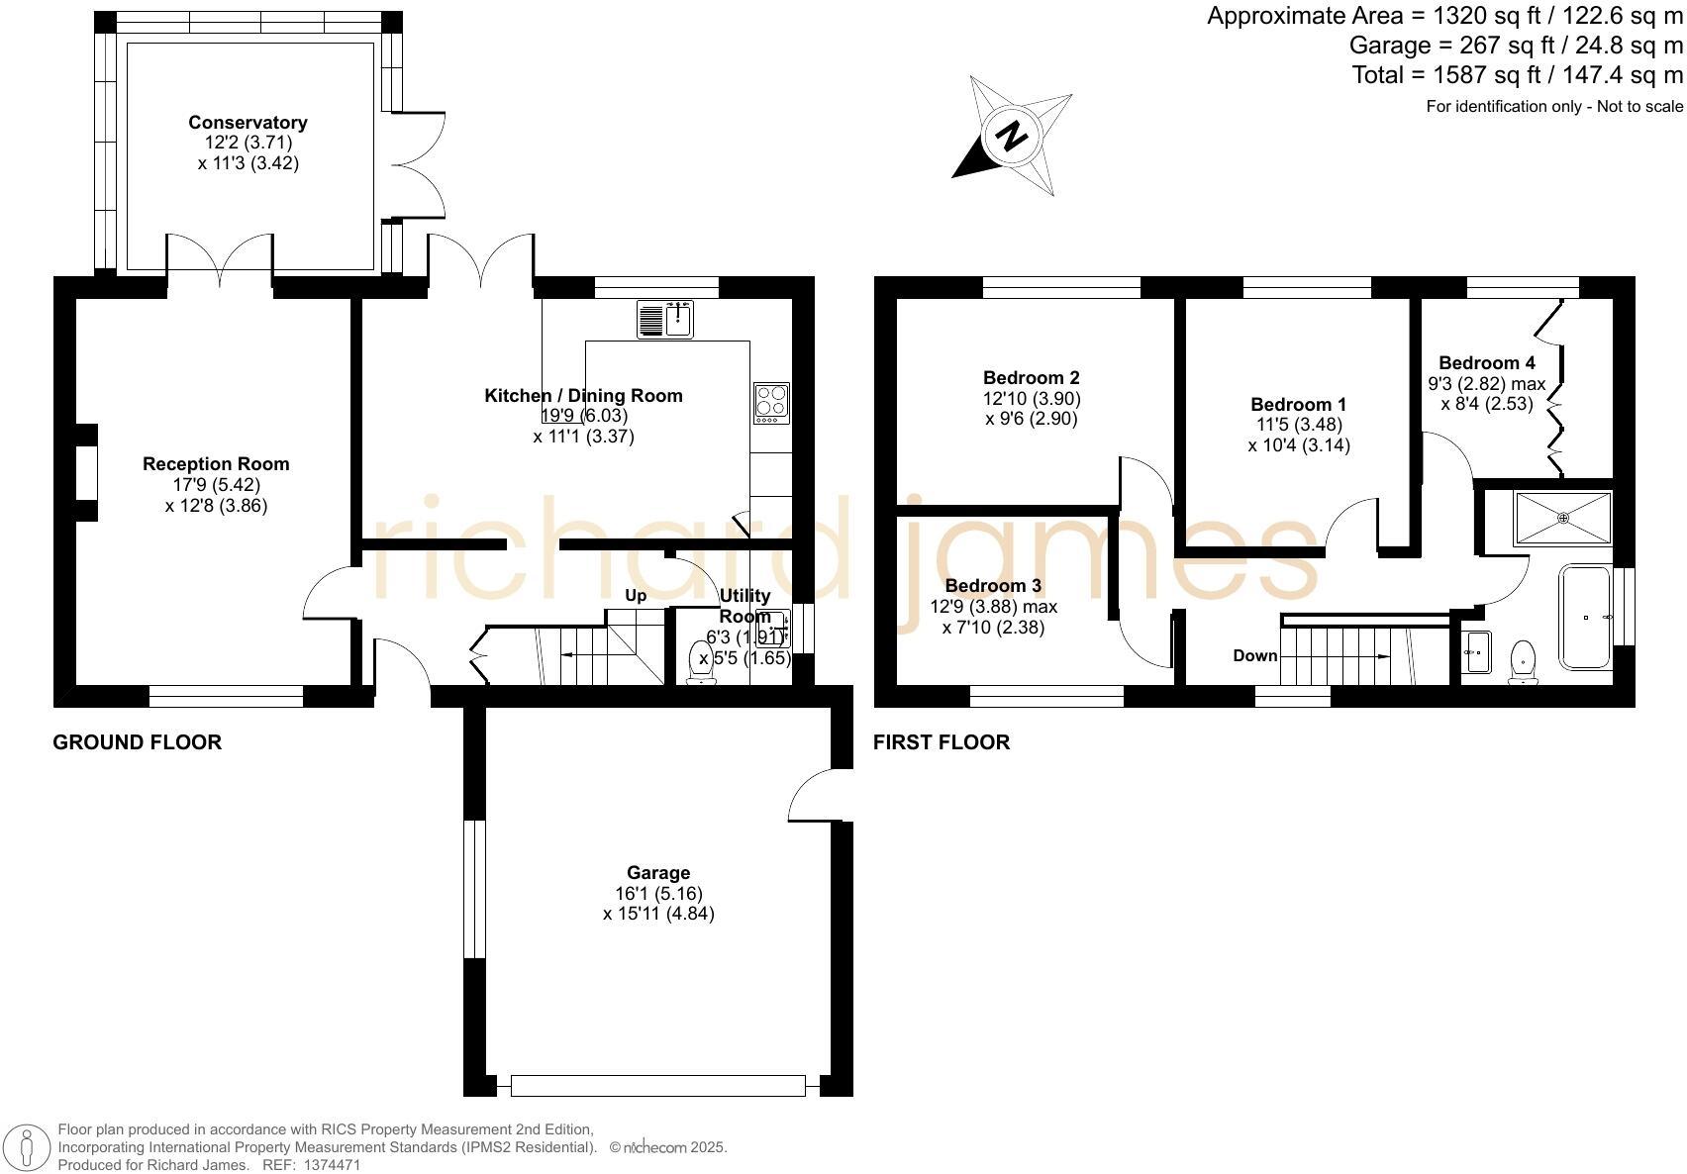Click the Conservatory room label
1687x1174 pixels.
click(x=248, y=123)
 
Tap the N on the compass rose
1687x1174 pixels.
click(x=1011, y=136)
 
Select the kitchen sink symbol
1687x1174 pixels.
click(x=666, y=320)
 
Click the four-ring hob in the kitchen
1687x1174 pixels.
click(x=771, y=403)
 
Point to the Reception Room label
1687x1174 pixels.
click(x=216, y=464)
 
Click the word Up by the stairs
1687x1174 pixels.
click(x=636, y=595)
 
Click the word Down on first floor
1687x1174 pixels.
click(x=1254, y=655)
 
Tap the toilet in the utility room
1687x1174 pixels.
click(x=702, y=664)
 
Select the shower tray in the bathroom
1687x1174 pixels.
click(x=1563, y=518)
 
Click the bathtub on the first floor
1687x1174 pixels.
click(x=1585, y=618)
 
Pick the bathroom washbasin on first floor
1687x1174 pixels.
click(x=1475, y=652)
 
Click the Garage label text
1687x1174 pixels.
click(x=658, y=873)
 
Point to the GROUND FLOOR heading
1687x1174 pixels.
click(x=137, y=742)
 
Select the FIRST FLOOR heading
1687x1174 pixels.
click(x=942, y=742)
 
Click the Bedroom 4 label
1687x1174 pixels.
click(x=1487, y=363)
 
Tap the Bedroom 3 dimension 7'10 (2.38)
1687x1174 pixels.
click(x=993, y=627)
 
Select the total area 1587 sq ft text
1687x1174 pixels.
click(x=1517, y=75)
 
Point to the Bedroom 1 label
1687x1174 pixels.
click(x=1299, y=405)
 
